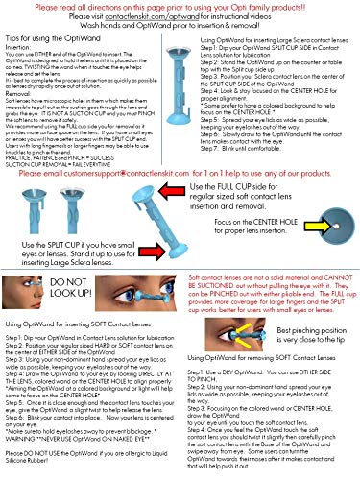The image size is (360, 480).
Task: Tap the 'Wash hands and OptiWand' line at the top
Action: tap(180, 26)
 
